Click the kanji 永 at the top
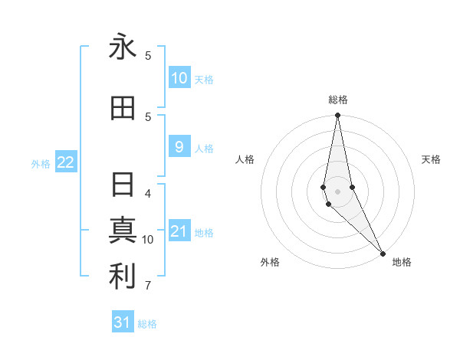click(122, 47)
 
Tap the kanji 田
click(122, 109)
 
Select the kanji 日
click(122, 186)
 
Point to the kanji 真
click(122, 231)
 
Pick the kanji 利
click(122, 277)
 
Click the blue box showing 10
click(179, 78)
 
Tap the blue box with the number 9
click(179, 147)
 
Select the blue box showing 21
click(179, 231)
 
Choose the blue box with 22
click(66, 162)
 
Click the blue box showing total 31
click(123, 322)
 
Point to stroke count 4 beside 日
click(148, 194)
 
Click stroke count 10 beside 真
click(148, 240)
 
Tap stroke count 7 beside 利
click(148, 286)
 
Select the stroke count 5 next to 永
click(148, 56)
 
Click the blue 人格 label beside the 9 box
click(204, 148)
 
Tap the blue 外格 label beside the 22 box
click(41, 163)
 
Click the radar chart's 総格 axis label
click(338, 100)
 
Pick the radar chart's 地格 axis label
click(402, 262)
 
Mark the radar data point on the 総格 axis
click(337, 116)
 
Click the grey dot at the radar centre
click(337, 191)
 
